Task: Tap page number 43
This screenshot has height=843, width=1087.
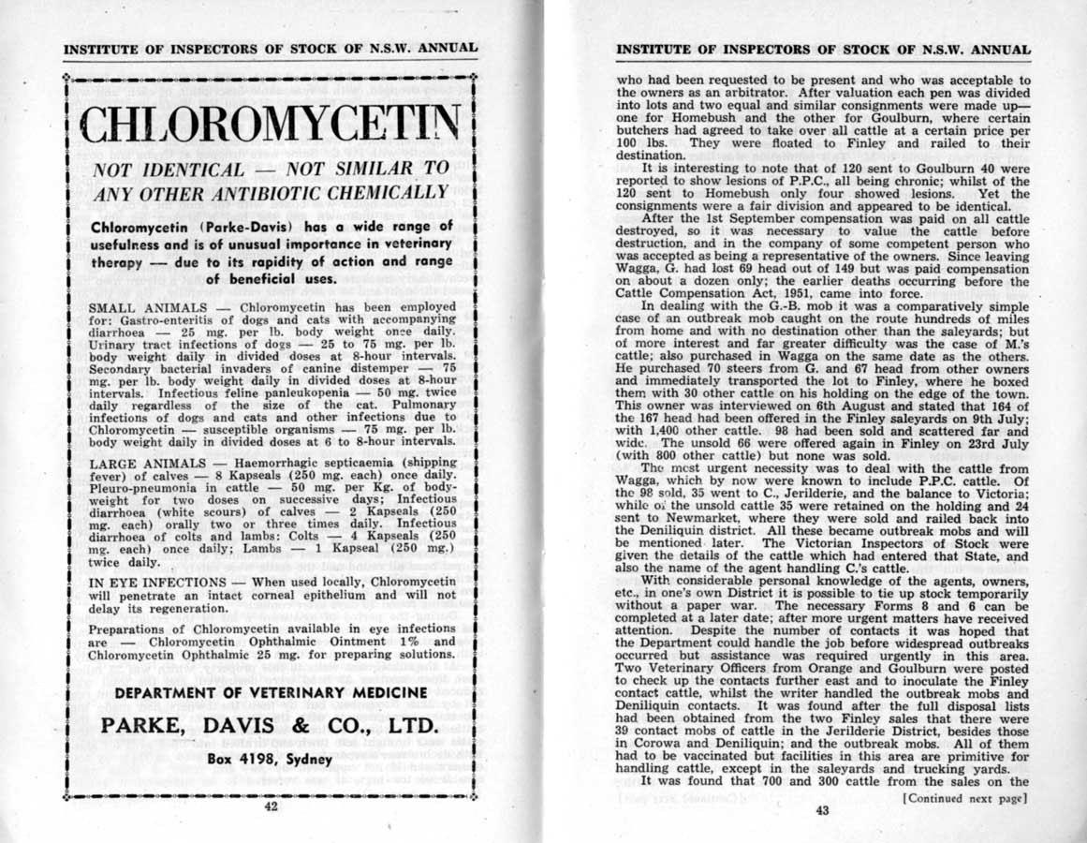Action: click(822, 811)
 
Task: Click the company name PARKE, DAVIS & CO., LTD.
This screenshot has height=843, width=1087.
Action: click(270, 727)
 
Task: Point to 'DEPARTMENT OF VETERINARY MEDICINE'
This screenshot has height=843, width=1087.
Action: click(270, 692)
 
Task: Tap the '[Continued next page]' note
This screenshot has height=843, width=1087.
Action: click(964, 798)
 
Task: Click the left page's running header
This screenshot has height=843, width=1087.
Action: click(271, 48)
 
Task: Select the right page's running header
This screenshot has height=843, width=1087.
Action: click(824, 49)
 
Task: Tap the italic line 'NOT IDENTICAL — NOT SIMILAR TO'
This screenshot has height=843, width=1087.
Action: click(271, 171)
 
